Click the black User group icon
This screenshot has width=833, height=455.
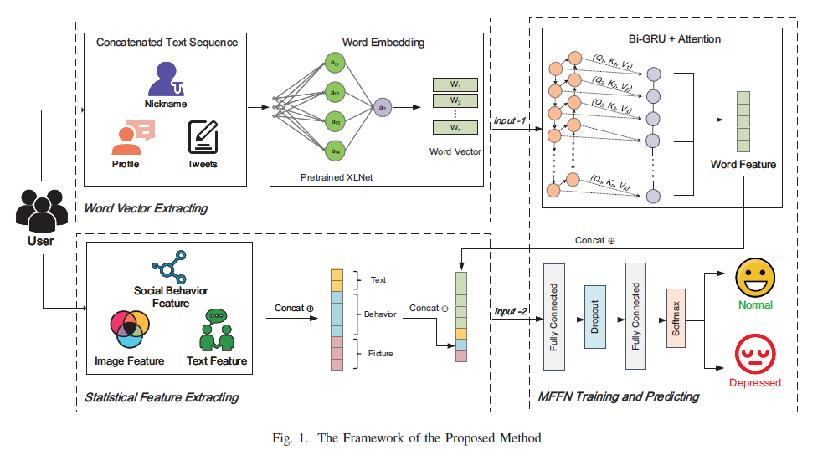[x=40, y=209]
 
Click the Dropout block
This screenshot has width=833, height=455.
[x=594, y=317]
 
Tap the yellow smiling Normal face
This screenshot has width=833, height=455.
[x=754, y=277]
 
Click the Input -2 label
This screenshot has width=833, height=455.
[x=510, y=312]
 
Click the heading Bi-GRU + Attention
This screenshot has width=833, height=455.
[x=662, y=38]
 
